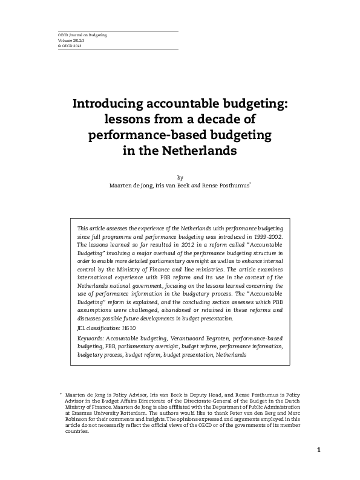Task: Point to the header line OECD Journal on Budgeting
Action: pos(82,36)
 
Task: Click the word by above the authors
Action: pos(179,177)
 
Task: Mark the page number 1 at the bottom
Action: pos(318,450)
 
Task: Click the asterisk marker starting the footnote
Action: pos(61,394)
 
